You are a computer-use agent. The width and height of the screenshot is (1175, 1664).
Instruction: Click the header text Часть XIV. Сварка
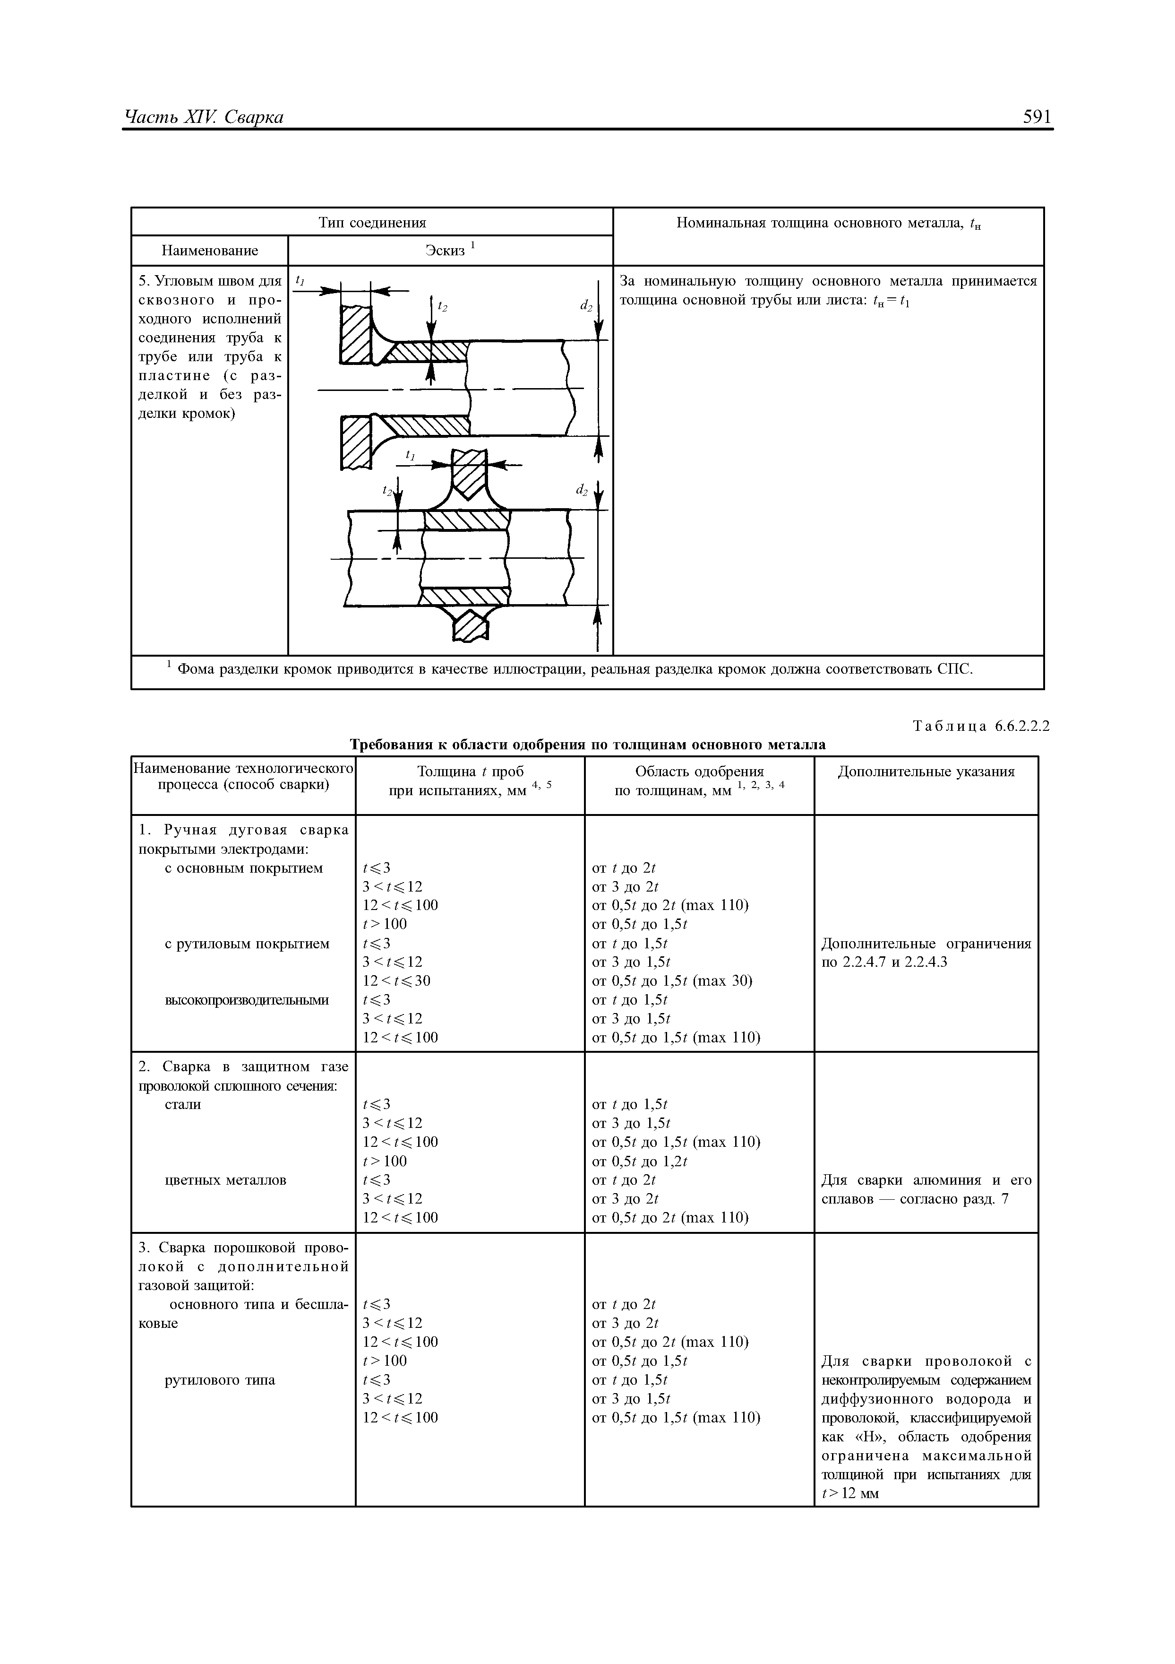(204, 117)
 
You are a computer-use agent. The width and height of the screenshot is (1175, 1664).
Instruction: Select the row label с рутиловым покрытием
(247, 944)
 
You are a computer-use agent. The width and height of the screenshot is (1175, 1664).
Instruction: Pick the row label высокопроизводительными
(247, 1000)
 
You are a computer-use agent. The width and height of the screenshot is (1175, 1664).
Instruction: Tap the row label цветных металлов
(226, 1180)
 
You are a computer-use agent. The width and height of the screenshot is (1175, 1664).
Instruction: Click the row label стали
(183, 1104)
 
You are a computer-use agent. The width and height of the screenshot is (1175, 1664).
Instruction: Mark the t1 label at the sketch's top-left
(300, 280)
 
